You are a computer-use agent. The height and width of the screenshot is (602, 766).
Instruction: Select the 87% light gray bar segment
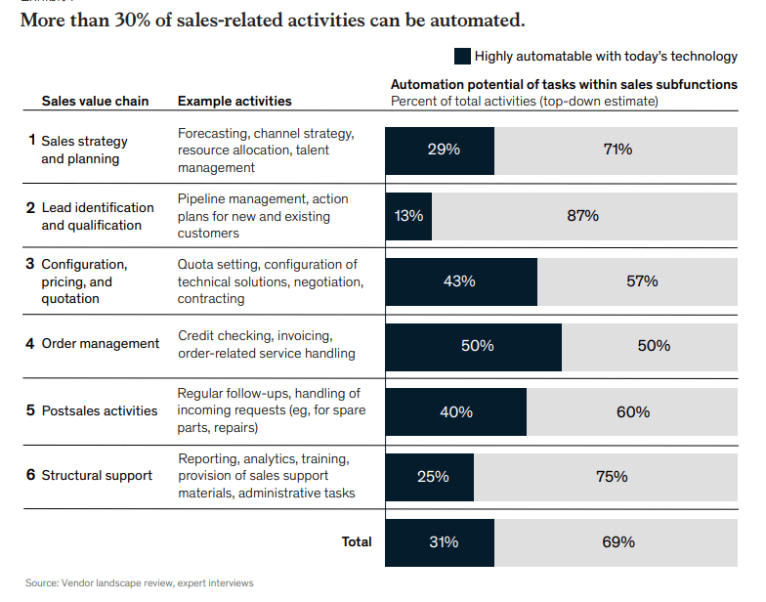click(x=583, y=216)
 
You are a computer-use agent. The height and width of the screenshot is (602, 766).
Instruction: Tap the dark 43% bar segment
click(x=461, y=281)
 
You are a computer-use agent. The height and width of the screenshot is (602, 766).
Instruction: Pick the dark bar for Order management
click(x=474, y=346)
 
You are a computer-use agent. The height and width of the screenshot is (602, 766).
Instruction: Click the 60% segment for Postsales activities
click(x=632, y=411)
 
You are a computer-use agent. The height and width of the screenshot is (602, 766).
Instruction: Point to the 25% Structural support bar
click(x=430, y=477)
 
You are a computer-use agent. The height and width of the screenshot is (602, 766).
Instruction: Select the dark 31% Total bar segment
click(x=440, y=541)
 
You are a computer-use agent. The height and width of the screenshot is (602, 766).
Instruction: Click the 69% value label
click(x=617, y=541)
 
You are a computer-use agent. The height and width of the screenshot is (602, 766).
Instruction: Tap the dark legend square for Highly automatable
click(x=462, y=57)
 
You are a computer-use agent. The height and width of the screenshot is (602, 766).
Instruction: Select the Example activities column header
click(x=234, y=101)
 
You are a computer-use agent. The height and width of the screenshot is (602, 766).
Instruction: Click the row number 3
click(x=31, y=263)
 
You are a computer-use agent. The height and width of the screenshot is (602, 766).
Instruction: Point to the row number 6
click(x=31, y=475)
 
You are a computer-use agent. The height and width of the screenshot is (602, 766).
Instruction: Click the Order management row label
click(x=100, y=344)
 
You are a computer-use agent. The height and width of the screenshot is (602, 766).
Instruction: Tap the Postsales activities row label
click(x=99, y=410)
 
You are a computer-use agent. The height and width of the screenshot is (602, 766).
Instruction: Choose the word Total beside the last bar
click(x=356, y=541)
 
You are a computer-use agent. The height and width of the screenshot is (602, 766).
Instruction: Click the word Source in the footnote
click(x=42, y=583)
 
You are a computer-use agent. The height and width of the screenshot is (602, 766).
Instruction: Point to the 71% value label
click(x=617, y=150)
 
